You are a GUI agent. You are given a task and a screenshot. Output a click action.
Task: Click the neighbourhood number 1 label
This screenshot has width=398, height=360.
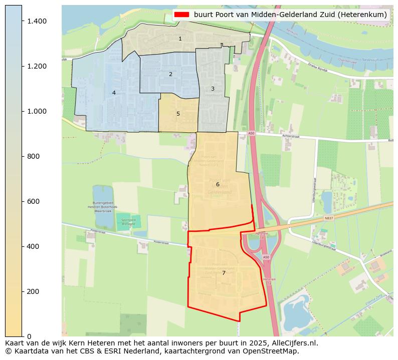tap(180, 39)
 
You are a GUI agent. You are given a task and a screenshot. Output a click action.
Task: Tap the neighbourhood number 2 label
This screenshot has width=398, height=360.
tap(170, 74)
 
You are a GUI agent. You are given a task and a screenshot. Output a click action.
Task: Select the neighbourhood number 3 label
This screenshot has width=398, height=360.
tap(213, 89)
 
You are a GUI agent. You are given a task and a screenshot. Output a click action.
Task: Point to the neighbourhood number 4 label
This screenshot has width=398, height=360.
tap(114, 93)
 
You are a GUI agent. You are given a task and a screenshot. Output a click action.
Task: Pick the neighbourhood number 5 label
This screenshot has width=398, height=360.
tap(178, 114)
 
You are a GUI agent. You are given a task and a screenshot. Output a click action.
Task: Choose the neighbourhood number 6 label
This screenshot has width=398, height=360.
tap(218, 184)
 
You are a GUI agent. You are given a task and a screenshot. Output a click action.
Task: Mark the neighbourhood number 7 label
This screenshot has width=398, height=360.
tap(224, 273)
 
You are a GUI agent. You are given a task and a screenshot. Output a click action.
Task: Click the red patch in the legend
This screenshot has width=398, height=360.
tap(182, 15)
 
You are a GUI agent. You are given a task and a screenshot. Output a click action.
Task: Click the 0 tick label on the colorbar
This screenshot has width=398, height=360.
tap(29, 336)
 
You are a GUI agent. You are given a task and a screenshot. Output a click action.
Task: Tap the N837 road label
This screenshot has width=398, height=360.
tap(329, 218)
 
